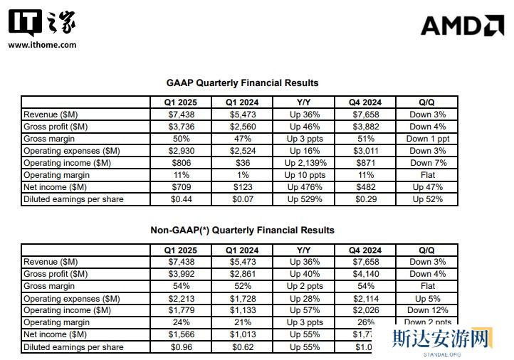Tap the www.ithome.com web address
click(x=42, y=45)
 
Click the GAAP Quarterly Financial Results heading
click(x=242, y=83)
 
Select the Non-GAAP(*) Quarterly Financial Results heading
click(x=242, y=231)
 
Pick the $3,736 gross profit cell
click(x=179, y=126)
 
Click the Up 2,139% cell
click(x=303, y=162)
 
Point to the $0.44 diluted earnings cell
click(x=179, y=199)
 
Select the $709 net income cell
click(x=179, y=187)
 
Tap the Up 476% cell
click(x=303, y=187)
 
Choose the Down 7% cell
click(x=426, y=162)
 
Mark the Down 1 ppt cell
click(x=426, y=138)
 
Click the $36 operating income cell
click(x=242, y=162)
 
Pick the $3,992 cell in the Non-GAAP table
click(x=179, y=274)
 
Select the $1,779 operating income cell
click(x=179, y=310)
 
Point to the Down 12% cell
click(x=426, y=310)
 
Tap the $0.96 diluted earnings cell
click(x=179, y=347)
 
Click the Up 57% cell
click(x=303, y=310)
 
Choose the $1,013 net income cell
click(x=242, y=334)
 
